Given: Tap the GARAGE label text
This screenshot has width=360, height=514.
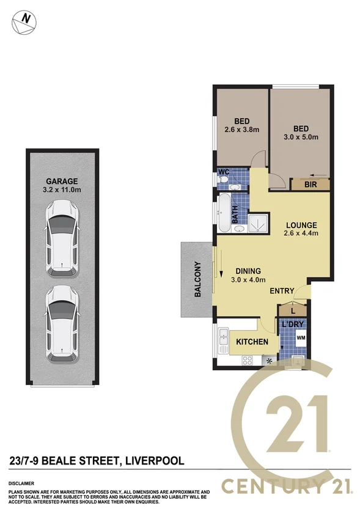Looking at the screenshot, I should coord(62,181).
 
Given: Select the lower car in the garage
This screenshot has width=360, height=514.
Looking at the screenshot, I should coord(62,321).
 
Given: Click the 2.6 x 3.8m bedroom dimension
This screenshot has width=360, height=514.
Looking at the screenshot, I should coord(241,130).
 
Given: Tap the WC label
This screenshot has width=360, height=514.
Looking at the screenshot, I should coord(224,172).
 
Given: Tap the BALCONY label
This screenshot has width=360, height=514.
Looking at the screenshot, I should coord(197,279).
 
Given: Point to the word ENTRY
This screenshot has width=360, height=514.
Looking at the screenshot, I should coord(282,291).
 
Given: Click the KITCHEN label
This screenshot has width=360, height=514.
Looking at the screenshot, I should coord(252,342).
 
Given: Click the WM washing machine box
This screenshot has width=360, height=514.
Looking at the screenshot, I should coord(300,337).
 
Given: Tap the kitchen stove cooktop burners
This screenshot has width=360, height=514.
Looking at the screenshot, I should coord(248,360).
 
